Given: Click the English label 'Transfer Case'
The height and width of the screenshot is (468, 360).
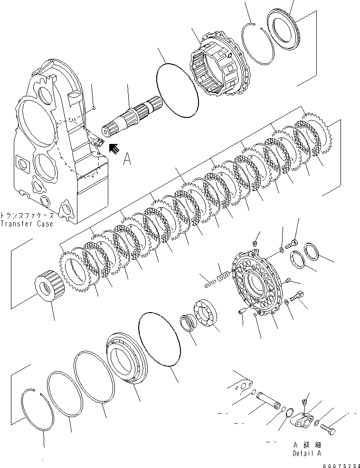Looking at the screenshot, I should (x=27, y=223).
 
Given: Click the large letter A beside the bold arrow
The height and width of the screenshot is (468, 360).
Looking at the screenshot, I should (x=127, y=160).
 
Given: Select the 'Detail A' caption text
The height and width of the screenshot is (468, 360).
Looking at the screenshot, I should (x=307, y=453).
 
